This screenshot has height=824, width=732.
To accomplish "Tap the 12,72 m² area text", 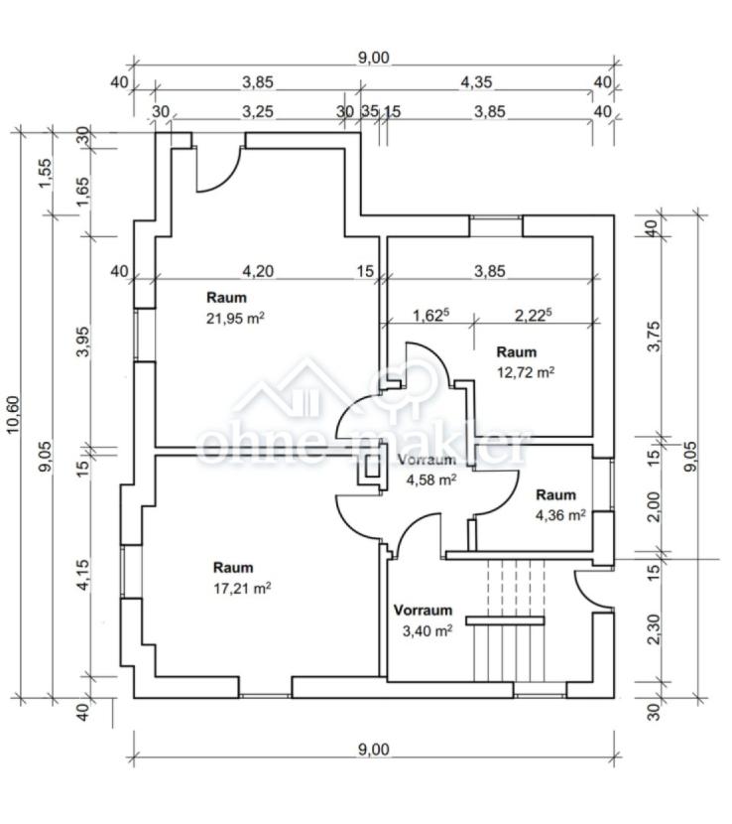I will point(525,372).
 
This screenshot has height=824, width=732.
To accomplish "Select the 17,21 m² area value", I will point(242,587).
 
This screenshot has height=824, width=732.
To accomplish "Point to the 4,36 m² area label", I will point(560,514).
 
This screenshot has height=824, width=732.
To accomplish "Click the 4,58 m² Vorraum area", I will point(431,480).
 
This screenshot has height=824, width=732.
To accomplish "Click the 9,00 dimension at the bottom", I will point(373,750).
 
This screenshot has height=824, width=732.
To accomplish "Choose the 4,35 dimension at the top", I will point(476,82).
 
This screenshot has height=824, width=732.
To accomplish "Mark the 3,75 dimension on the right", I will point(652,337).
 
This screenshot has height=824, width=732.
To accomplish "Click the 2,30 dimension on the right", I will point(652,629).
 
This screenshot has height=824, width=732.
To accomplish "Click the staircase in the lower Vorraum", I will point(508,625).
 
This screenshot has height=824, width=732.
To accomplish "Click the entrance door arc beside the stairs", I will point(592,588).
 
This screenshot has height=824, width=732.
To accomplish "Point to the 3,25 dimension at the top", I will point(258,111).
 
